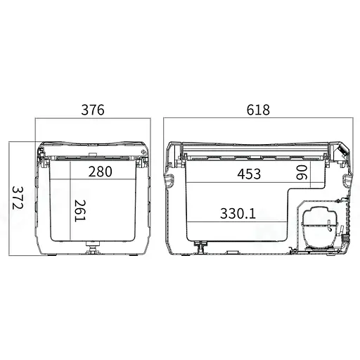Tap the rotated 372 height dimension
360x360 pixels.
tap(17, 198)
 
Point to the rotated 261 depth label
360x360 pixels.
tap(79, 210)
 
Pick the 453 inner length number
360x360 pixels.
tap(249, 174)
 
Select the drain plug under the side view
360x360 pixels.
tap(200, 247)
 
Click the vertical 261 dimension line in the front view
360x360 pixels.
tap(70, 204)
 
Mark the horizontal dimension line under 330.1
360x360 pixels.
tap(239, 222)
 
